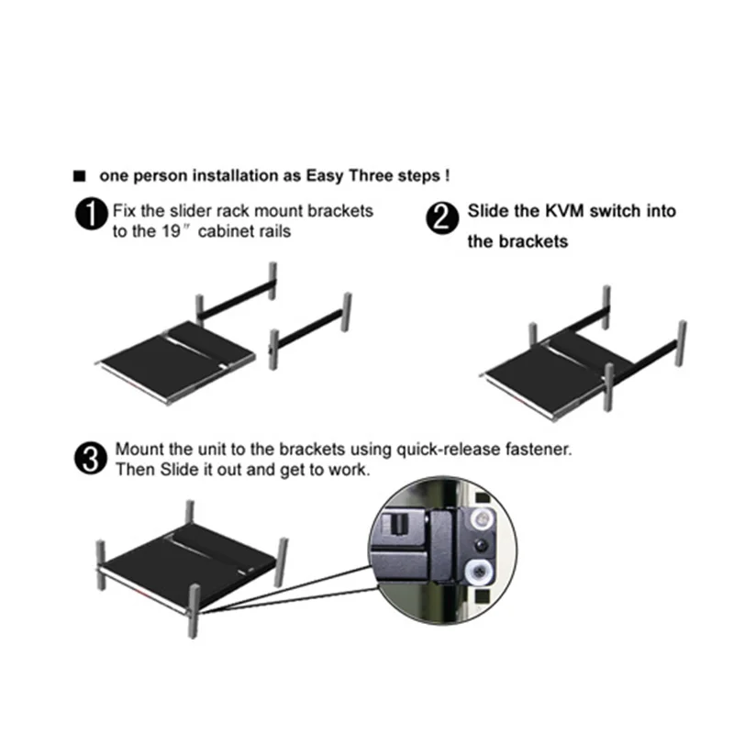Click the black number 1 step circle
92,214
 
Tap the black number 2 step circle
442,218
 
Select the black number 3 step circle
91,459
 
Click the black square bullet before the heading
80,176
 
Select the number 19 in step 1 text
172,231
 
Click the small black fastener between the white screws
480,545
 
